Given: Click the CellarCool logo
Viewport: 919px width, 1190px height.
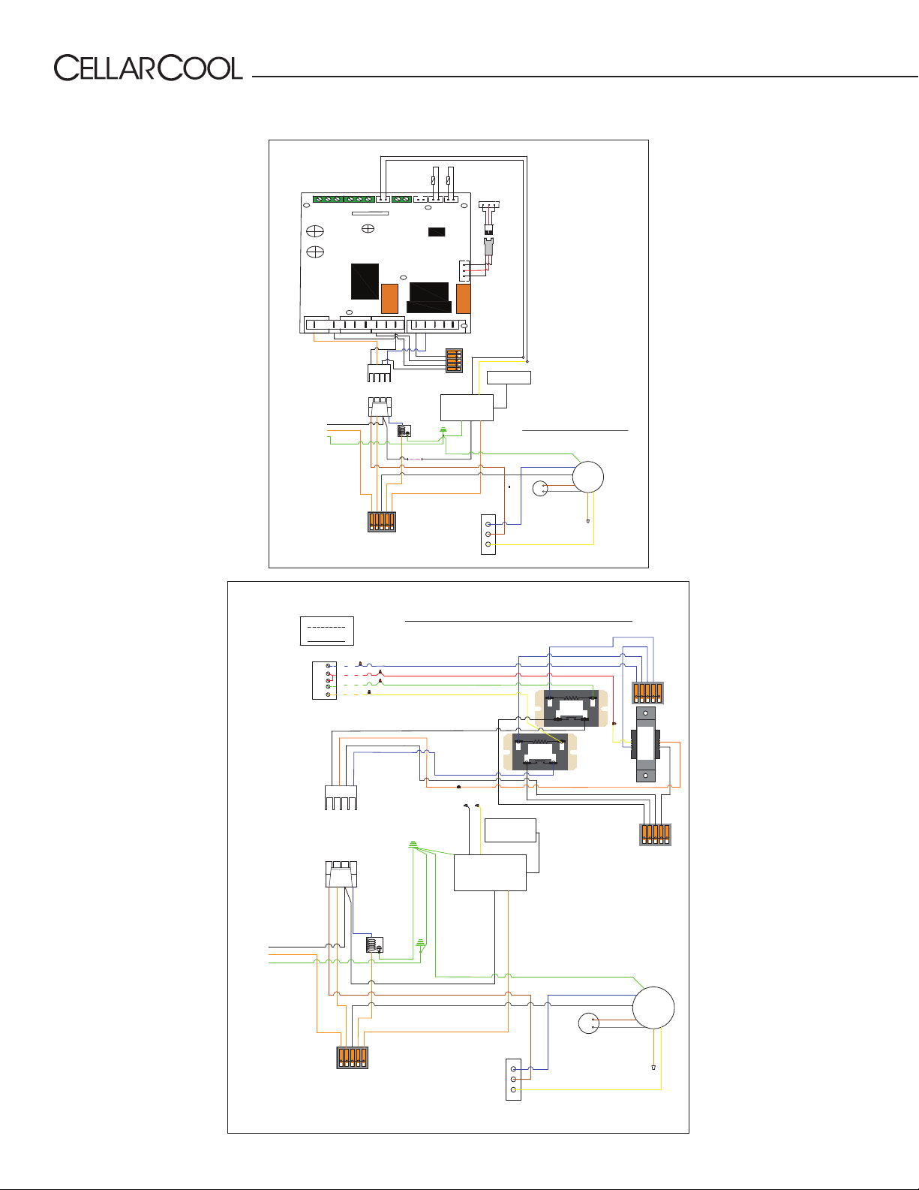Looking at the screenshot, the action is pyautogui.click(x=148, y=68).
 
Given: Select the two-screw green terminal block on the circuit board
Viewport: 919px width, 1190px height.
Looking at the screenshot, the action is pyautogui.click(x=401, y=199).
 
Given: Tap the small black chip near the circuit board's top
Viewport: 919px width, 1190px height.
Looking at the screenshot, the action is pyautogui.click(x=437, y=232).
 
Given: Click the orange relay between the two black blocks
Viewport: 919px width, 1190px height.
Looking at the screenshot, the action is pyautogui.click(x=389, y=299).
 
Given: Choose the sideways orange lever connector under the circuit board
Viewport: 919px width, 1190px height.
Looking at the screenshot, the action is pyautogui.click(x=455, y=360).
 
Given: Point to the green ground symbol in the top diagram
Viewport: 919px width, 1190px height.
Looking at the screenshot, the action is pyautogui.click(x=443, y=430).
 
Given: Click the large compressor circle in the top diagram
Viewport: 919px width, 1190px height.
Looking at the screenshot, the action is pyautogui.click(x=588, y=477).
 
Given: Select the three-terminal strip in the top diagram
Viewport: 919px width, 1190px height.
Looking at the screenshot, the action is pyautogui.click(x=488, y=535).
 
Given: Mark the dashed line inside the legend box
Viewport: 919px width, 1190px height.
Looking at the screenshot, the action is pyautogui.click(x=326, y=627).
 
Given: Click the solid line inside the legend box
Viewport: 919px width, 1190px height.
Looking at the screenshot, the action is pyautogui.click(x=326, y=640).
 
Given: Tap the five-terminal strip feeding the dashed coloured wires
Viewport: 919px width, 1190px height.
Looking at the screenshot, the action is pyautogui.click(x=324, y=680).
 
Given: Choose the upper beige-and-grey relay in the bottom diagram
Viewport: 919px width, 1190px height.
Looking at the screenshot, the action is pyautogui.click(x=571, y=709).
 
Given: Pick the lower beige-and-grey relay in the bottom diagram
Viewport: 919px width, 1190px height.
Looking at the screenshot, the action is pyautogui.click(x=539, y=752).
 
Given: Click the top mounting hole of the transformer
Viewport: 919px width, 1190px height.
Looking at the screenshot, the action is pyautogui.click(x=645, y=713).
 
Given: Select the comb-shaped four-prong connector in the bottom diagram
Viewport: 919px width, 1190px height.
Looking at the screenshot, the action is pyautogui.click(x=341, y=797).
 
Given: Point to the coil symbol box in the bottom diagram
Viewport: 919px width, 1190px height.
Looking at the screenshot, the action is pyautogui.click(x=374, y=944).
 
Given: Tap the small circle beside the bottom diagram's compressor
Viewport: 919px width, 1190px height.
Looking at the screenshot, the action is pyautogui.click(x=588, y=1023).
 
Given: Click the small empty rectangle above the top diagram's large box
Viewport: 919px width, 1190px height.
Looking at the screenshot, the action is pyautogui.click(x=509, y=378).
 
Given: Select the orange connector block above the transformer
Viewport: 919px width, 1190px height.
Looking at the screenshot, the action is pyautogui.click(x=648, y=693).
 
